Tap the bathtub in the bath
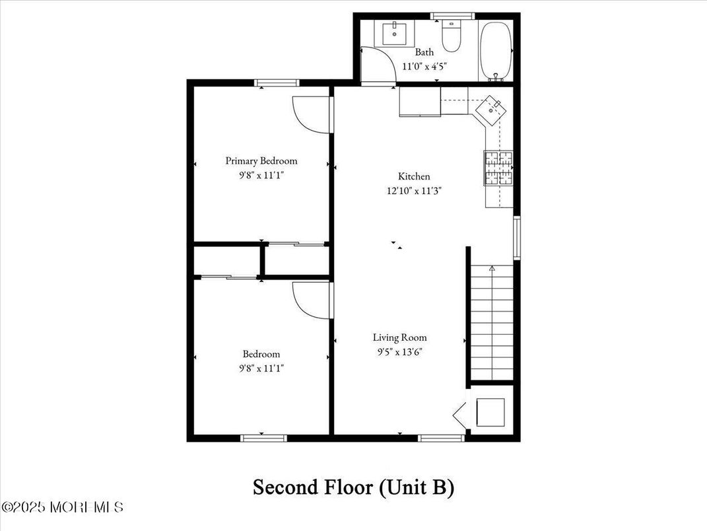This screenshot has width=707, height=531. click(496, 51)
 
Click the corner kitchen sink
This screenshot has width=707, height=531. click(491, 108)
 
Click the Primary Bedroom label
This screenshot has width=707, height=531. click(261, 160)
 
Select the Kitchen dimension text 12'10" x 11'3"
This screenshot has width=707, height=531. click(414, 191)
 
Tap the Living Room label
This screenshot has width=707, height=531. click(399, 337)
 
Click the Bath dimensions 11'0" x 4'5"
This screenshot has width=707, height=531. click(424, 66)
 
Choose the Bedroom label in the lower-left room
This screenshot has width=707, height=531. click(261, 354)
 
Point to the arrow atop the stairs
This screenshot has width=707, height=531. click(492, 268)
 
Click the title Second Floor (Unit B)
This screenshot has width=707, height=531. click(353, 488)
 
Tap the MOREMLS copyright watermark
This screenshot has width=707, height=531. click(62, 507)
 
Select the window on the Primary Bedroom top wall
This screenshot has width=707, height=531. click(277, 83)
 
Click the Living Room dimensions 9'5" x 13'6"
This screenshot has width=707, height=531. click(399, 352)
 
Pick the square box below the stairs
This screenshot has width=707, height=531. click(490, 413)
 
